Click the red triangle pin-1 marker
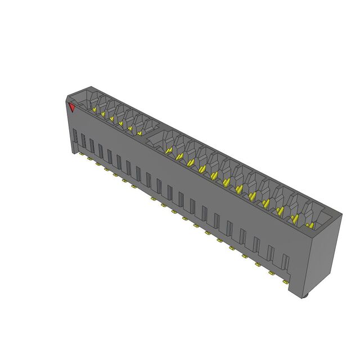(x=72, y=107)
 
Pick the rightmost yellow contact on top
(x=310, y=225)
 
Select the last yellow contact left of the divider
(x=139, y=133)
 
